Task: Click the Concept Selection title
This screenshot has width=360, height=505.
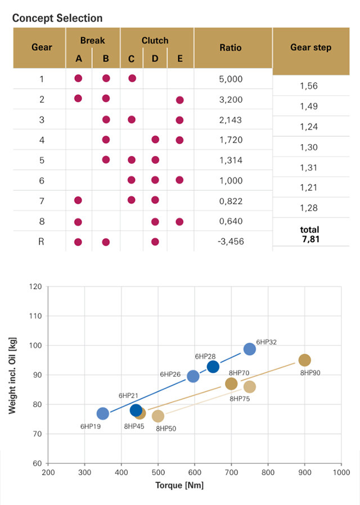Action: click(57, 18)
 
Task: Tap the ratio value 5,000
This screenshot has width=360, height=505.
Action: click(230, 79)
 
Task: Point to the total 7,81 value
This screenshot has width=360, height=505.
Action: click(310, 234)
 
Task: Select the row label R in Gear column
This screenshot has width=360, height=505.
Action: click(41, 242)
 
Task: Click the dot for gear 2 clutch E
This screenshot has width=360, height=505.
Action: click(179, 100)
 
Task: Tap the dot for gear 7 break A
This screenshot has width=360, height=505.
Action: click(78, 200)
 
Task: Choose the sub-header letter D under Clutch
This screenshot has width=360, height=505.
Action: click(155, 59)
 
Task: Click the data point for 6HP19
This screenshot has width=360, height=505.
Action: click(103, 413)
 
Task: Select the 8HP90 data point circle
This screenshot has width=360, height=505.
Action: click(304, 360)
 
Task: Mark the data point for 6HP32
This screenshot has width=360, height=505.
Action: click(249, 349)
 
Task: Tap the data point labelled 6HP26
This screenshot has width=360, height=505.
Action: click(193, 376)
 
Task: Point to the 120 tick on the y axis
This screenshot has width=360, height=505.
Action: click(36, 287)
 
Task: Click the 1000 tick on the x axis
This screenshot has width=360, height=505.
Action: click(341, 473)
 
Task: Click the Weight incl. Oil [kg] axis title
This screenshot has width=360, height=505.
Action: click(13, 374)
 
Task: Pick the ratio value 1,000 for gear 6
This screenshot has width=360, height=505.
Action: click(230, 181)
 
